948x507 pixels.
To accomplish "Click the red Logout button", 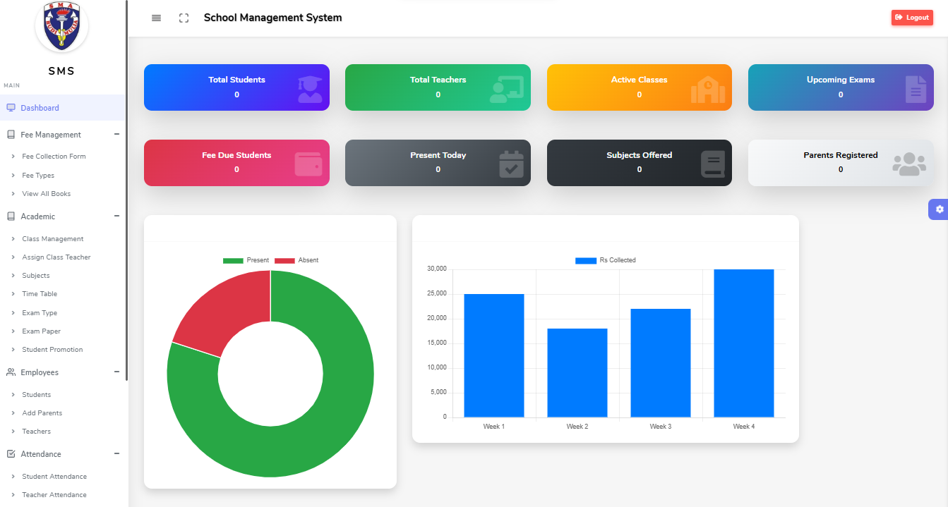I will coord(912,18).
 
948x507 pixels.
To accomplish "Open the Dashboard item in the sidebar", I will coord(40,108).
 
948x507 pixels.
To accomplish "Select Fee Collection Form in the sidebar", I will coord(54,157).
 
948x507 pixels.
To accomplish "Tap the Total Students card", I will coord(236,87).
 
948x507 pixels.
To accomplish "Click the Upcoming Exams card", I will coord(841,87).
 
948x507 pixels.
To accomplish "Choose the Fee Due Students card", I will coord(236,163).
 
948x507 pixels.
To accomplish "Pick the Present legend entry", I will coord(246,260).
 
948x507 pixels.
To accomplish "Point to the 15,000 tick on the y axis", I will coord(437,343).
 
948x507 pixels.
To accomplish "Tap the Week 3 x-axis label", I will coord(660,427).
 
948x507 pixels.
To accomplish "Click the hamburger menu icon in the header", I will coord(157,18).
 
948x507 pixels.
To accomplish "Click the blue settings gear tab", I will coord(939,209).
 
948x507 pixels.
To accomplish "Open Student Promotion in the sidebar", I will coord(52,350).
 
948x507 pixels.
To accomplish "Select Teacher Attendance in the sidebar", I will coord(54,495).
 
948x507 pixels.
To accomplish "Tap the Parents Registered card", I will coord(841,163).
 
